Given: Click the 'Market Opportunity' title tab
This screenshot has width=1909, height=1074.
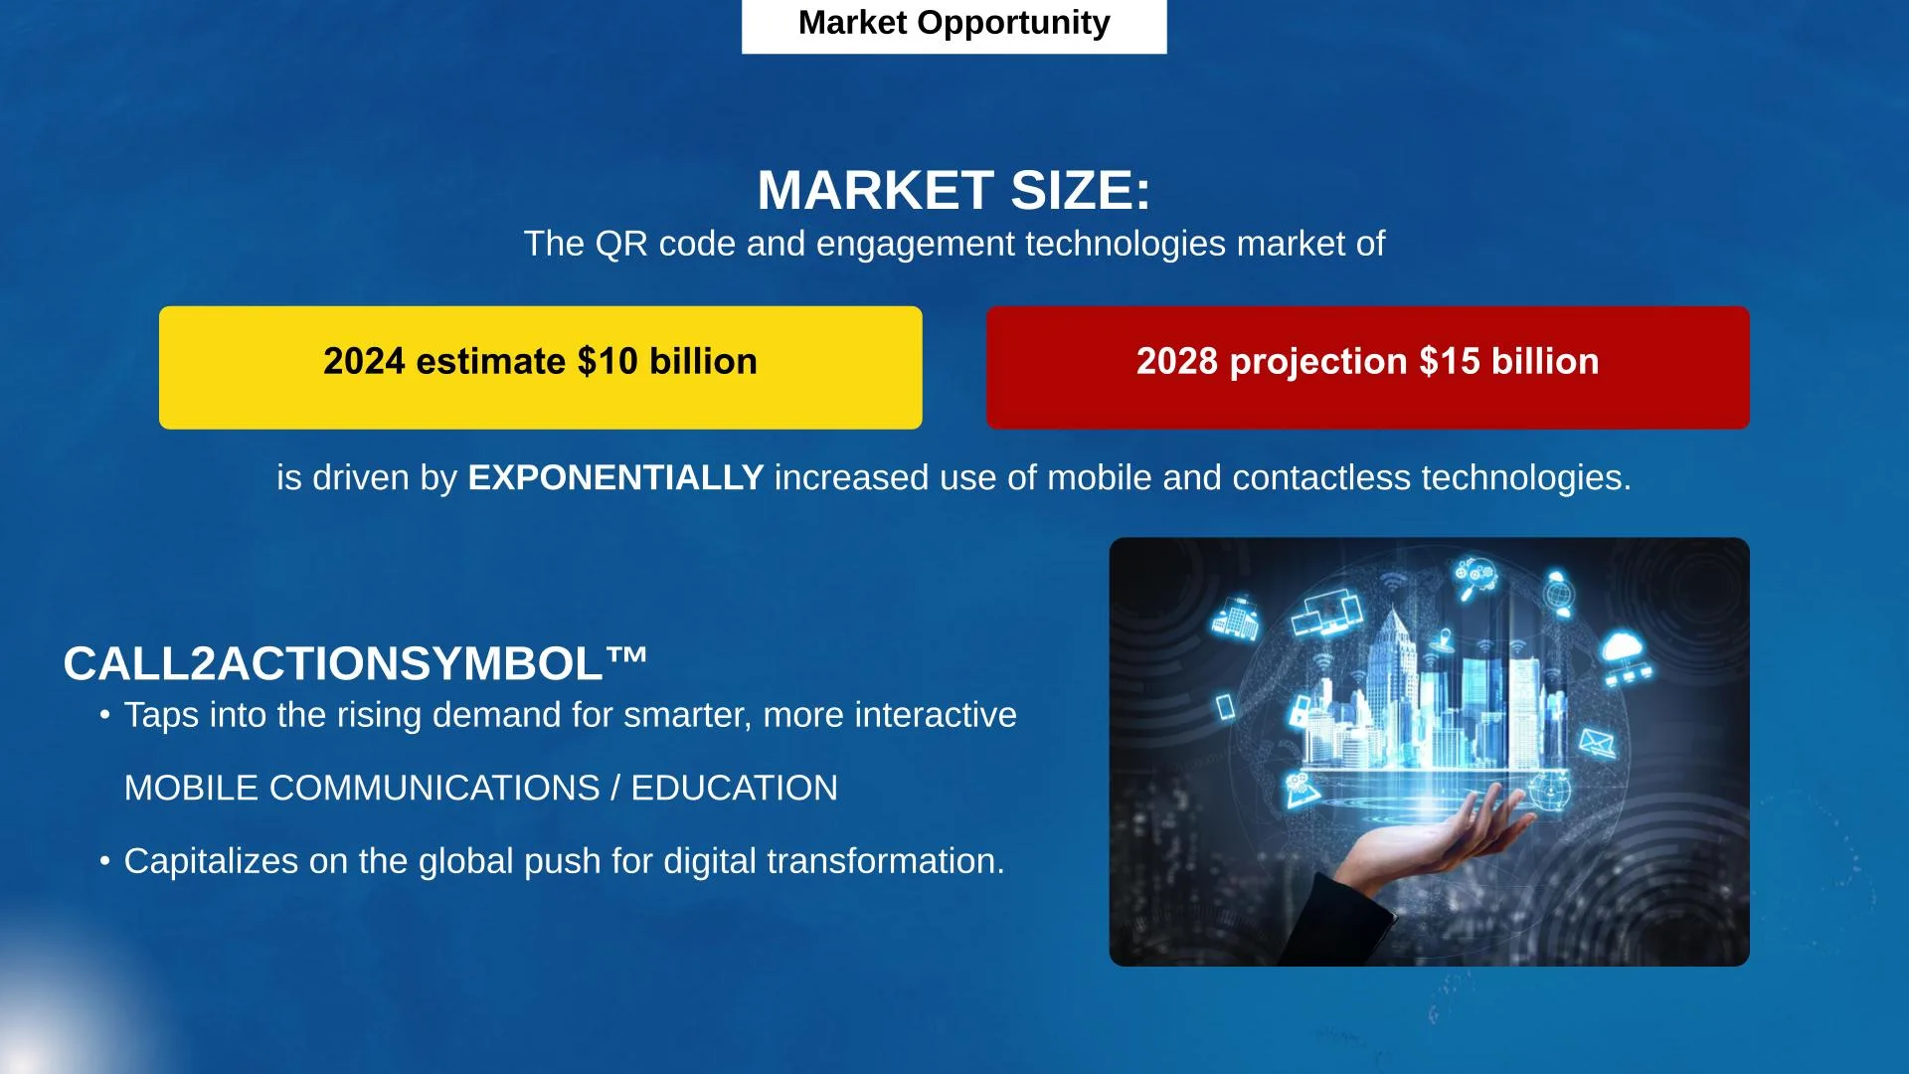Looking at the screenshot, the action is click(x=954, y=24).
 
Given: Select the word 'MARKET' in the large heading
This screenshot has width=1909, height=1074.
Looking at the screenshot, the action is click(x=875, y=190).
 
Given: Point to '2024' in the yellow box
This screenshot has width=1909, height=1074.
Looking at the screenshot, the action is click(x=364, y=361).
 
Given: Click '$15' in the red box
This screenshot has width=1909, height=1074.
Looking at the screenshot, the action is click(x=1450, y=361).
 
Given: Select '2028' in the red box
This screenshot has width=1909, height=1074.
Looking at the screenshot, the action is click(x=1177, y=361).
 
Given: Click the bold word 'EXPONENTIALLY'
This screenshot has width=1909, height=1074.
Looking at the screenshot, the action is click(x=615, y=478).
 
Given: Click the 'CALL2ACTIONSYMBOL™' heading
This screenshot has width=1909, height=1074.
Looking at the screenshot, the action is click(x=355, y=663).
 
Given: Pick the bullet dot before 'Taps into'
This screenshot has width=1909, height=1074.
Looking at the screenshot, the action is click(x=104, y=714).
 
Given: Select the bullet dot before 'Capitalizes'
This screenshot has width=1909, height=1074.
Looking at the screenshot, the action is click(x=104, y=860).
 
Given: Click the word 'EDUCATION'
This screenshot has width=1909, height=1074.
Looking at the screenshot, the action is click(x=734, y=788).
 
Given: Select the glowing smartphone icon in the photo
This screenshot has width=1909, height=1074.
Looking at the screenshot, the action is click(x=1226, y=707).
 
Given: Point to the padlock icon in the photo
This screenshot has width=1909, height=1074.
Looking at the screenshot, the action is click(x=1299, y=711).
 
